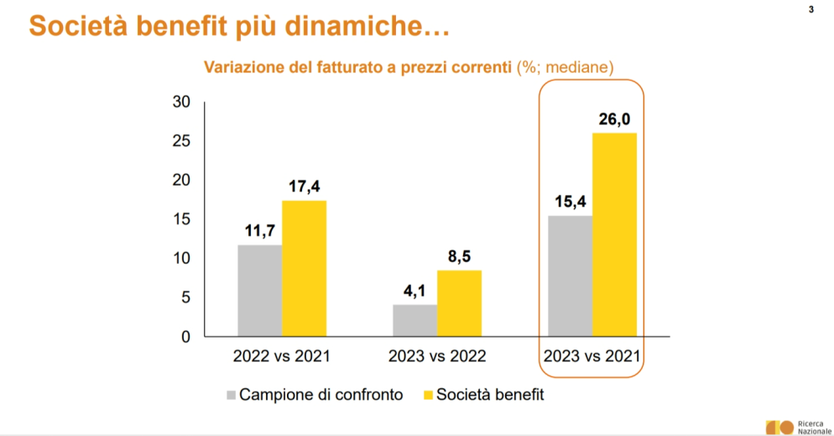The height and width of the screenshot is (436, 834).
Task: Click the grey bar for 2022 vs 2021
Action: pos(259,291)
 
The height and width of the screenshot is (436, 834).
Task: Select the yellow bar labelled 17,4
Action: pos(304,269)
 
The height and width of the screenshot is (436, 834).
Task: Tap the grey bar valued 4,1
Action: pos(414,320)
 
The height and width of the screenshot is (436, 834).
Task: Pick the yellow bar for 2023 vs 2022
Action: pos(459,303)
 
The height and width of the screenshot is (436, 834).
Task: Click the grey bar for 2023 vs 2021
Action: pos(570,276)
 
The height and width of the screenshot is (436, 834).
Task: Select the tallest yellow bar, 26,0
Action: pos(614,234)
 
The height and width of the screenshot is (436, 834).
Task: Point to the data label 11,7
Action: pos(259,229)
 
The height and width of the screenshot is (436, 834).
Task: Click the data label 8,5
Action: pos(459,255)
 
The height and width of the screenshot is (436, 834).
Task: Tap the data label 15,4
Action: pos(570,201)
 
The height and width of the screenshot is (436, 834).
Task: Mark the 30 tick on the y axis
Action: pos(182,102)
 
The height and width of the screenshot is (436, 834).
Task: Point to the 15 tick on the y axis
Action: pos(182,219)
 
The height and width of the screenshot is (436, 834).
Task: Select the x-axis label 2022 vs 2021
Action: pos(281,356)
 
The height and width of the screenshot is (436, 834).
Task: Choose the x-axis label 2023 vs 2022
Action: pos(437,356)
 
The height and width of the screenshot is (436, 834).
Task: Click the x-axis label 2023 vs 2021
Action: pos(592,356)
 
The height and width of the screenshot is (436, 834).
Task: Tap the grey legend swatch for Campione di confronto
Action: pos(231,394)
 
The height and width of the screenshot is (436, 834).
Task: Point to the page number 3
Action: pos(811,10)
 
